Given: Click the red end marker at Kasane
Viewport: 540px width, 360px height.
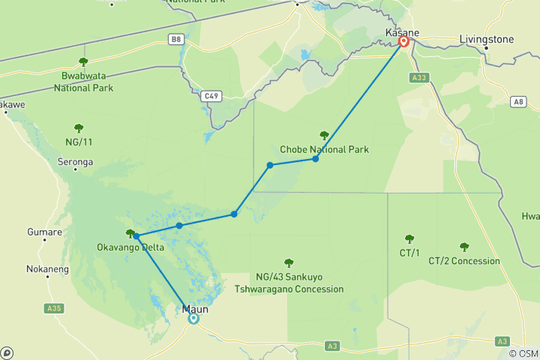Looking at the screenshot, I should tap(403, 42).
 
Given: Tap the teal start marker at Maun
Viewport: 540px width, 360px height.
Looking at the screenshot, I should tap(193, 318).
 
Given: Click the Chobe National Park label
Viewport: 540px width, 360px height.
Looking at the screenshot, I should tap(324, 149).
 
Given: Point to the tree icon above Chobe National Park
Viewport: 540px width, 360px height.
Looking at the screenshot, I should tap(324, 136).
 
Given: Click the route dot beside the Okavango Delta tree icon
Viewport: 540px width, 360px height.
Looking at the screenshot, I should tap(136, 236).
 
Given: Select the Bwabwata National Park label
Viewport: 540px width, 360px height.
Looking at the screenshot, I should tap(82, 81).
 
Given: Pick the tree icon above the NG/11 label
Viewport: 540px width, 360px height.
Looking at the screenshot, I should tap(79, 127).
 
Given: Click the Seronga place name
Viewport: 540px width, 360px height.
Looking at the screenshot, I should tap(75, 161).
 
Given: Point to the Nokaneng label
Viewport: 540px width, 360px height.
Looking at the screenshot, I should tap(47, 268).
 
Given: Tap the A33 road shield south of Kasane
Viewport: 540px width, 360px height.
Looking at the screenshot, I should tap(418, 77).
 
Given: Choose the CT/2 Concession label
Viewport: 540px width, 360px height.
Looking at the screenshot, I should tap(464, 261).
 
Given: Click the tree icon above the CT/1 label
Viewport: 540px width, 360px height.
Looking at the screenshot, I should tap(409, 238).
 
